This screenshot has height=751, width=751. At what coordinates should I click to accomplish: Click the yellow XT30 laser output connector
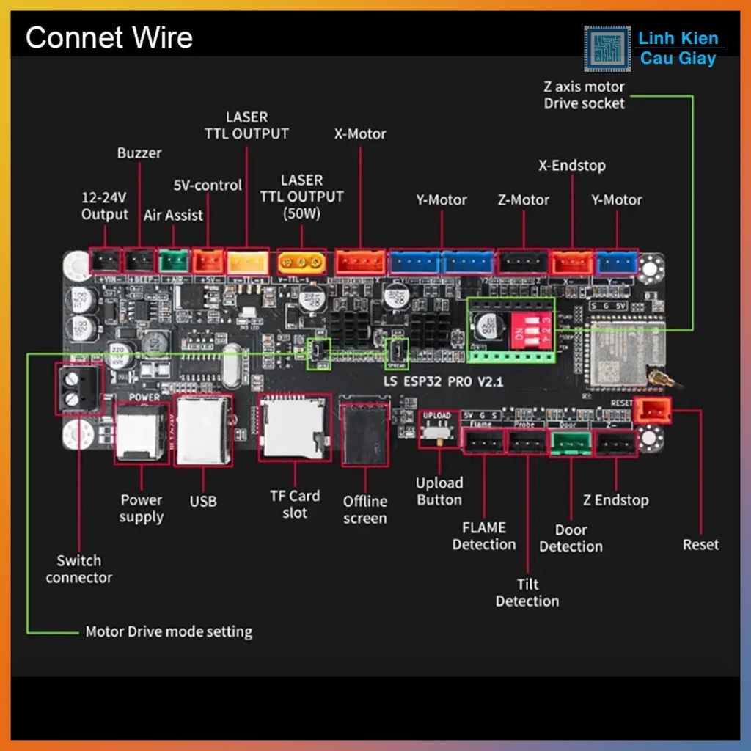point(301,261)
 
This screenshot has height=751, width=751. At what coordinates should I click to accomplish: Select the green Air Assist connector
point(174,260)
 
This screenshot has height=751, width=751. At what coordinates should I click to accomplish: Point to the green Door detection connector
point(571,442)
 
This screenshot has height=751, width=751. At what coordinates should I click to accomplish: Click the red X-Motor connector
point(359,262)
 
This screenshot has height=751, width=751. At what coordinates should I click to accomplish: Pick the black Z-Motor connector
point(523,262)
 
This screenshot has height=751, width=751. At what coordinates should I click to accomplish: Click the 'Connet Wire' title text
point(109,37)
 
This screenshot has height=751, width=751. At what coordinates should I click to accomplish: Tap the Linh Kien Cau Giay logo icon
point(607,49)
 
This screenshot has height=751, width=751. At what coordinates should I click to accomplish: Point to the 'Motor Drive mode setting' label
point(169,631)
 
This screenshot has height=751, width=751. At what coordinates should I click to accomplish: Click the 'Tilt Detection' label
point(527,593)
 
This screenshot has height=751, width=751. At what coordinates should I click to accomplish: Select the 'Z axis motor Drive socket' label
point(584,95)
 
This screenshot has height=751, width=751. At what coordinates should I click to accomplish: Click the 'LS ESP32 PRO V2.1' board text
point(444,382)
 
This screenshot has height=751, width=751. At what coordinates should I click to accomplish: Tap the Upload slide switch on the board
point(438,433)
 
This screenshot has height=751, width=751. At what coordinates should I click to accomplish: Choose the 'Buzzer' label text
point(139,153)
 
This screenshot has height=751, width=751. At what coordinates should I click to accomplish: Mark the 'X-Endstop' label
point(572,166)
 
